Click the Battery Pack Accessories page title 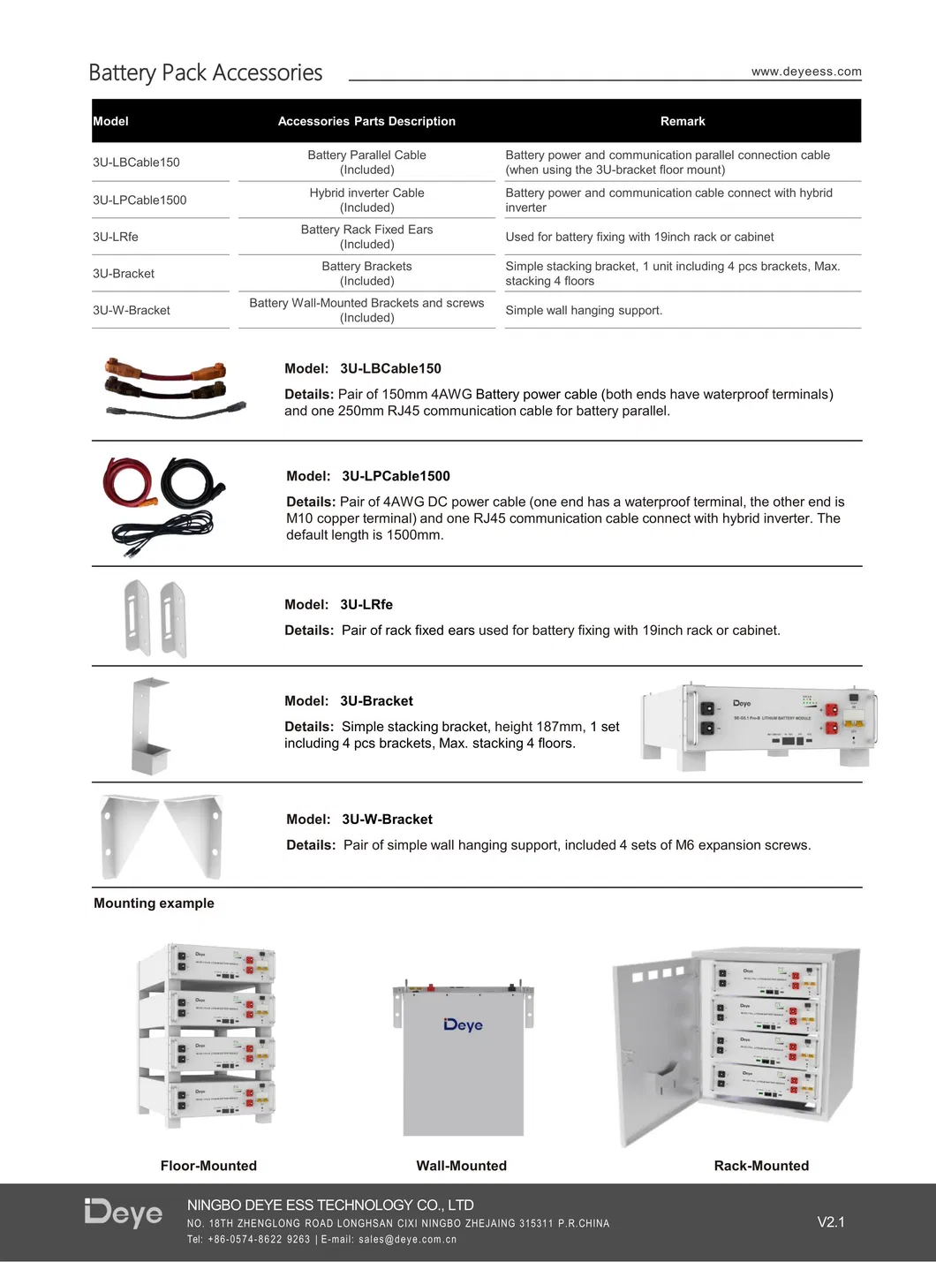(x=206, y=72)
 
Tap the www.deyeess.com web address (x=806, y=72)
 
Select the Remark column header (x=683, y=121)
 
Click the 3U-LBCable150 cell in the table (x=136, y=162)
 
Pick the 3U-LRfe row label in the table (x=116, y=237)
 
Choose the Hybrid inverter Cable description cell (x=366, y=200)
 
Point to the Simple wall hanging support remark (x=584, y=310)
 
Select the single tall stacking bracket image (x=148, y=725)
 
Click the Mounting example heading (x=154, y=903)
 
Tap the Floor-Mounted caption (x=208, y=1166)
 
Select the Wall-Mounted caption (x=461, y=1166)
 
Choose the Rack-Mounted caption (x=761, y=1166)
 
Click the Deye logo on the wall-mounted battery (x=463, y=1024)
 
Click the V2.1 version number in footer (x=831, y=1222)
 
